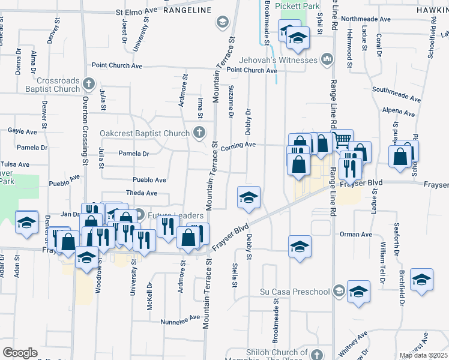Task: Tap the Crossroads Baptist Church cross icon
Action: click(88, 83)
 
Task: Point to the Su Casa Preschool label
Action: click(295, 292)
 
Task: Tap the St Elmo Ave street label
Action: click(136, 11)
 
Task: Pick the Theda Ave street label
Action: click(142, 193)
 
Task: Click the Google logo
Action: click(20, 353)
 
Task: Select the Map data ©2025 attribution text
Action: click(423, 355)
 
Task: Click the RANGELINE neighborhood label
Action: click(187, 11)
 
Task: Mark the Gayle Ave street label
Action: click(22, 131)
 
